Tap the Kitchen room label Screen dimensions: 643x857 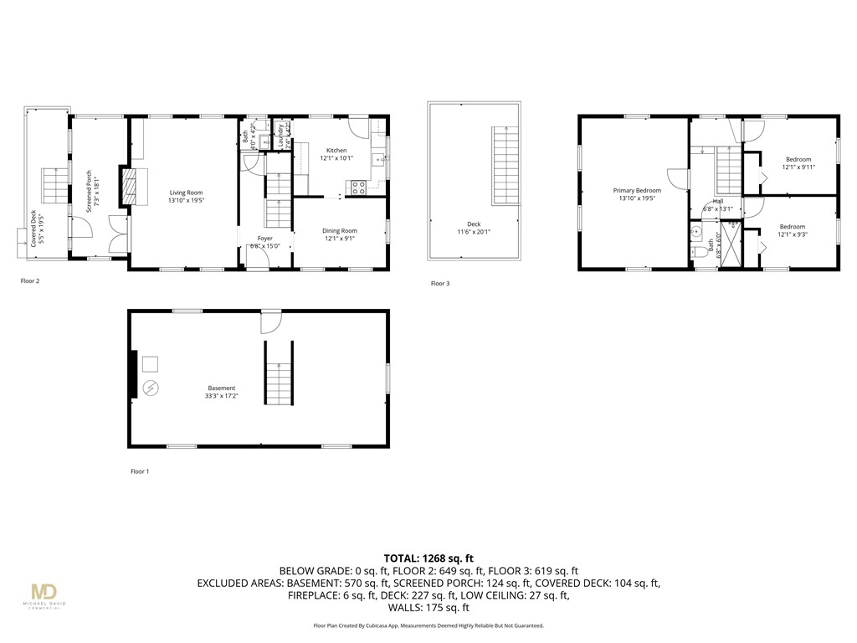[x=336, y=154]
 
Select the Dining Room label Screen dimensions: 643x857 [x=340, y=234]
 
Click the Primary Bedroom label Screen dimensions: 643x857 [x=637, y=194]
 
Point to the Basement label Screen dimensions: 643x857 [x=222, y=392]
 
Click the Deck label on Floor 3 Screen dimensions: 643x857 [x=474, y=228]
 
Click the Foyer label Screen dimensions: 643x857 [x=264, y=243]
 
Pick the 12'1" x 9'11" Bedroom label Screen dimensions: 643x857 [x=798, y=162]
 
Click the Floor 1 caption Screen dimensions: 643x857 [x=140, y=471]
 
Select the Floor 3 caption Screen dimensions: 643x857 [x=440, y=284]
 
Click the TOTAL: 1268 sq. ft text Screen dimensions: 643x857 [x=428, y=558]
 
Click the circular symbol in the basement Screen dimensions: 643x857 [x=151, y=388]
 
